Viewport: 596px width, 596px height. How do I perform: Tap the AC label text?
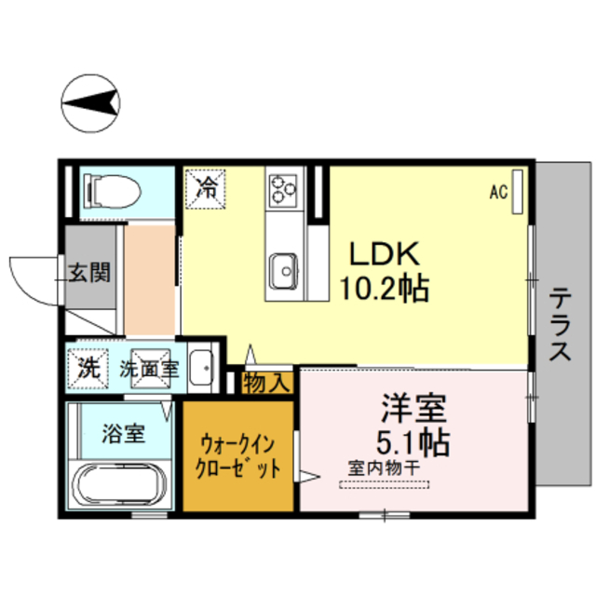coord(498,192)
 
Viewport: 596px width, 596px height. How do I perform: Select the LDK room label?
coord(386,253)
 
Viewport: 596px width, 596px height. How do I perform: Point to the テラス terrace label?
coord(560,325)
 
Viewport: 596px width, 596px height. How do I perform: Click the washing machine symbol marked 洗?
coord(88,367)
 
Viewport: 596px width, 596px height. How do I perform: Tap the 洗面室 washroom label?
coord(149,368)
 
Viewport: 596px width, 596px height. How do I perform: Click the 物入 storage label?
coord(268,381)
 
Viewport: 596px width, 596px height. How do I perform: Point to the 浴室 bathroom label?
coord(123,432)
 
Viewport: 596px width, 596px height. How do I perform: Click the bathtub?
coord(119,485)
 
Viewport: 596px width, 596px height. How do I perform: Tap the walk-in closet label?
coord(240,455)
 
